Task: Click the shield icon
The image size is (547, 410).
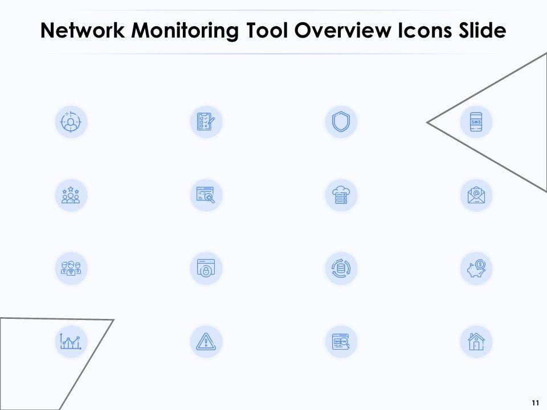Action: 341,121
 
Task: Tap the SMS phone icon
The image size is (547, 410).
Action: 476,121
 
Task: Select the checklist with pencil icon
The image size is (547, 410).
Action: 206,121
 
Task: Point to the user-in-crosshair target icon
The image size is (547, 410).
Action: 71,121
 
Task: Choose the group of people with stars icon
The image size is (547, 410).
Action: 71,195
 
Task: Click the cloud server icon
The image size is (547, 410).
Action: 341,195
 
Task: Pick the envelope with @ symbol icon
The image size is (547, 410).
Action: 476,195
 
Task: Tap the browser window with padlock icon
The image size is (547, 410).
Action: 206,268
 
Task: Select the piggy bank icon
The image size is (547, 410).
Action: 476,268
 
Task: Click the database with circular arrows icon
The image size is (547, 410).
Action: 341,268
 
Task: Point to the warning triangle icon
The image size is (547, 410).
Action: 206,342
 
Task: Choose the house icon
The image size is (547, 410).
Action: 476,342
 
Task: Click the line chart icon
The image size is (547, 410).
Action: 71,342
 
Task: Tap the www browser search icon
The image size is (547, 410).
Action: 341,342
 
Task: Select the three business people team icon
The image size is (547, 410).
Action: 71,268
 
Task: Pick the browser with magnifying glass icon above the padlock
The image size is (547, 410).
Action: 206,195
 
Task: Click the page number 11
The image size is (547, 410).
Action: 534,403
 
